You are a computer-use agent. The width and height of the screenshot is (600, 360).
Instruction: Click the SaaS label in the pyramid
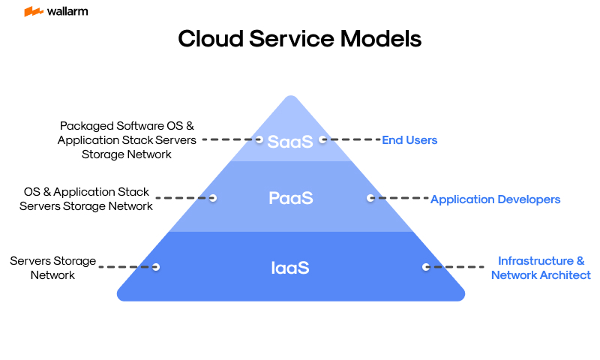290,141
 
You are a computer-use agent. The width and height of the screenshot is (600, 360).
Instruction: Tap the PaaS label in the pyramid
290,199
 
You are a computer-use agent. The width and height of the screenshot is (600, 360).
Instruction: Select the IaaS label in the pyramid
290,267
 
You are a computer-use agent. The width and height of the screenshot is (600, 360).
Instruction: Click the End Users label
409,140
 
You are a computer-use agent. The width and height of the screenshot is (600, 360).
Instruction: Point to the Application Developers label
495,199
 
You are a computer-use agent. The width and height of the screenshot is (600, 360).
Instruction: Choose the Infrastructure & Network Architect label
541,268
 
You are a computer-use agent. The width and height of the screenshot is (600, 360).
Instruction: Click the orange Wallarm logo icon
33,11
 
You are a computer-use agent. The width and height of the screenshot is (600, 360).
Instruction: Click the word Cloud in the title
212,38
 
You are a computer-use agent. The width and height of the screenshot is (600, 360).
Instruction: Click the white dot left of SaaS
259,139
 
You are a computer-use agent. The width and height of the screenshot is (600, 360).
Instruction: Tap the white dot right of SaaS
322,139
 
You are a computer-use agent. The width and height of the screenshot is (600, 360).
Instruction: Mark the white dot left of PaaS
213,198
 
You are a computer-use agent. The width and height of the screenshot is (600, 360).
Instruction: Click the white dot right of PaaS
370,199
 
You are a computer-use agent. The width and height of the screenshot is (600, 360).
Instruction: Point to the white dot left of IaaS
157,266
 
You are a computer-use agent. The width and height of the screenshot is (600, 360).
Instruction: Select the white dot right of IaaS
425,266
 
